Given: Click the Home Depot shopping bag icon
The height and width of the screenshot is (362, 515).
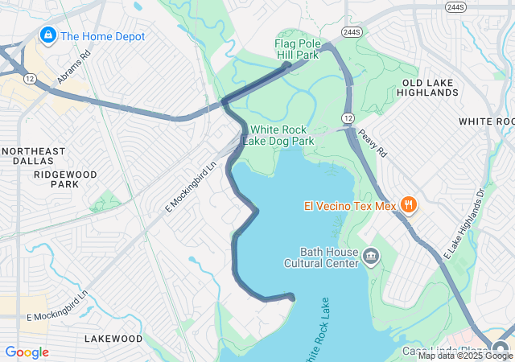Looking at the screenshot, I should coord(47,35).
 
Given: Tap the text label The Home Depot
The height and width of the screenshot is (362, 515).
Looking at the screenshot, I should coord(103,36).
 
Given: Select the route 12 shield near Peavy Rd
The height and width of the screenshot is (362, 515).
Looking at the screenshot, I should coord(348,118).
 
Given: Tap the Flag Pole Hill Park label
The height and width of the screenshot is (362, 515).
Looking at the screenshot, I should coord(297,49).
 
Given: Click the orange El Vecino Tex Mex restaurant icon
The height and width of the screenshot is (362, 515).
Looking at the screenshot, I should coord(408,204).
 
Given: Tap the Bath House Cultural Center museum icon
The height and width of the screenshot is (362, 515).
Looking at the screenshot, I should coord(371,257).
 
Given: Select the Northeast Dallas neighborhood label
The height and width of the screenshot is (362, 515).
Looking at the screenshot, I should coord(33,156).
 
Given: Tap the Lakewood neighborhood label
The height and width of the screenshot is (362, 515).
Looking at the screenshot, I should coord(113,339).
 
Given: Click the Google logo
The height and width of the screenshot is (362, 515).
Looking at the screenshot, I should coord(27,352).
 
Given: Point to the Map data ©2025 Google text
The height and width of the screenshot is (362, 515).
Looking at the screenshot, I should coord(465,356).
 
